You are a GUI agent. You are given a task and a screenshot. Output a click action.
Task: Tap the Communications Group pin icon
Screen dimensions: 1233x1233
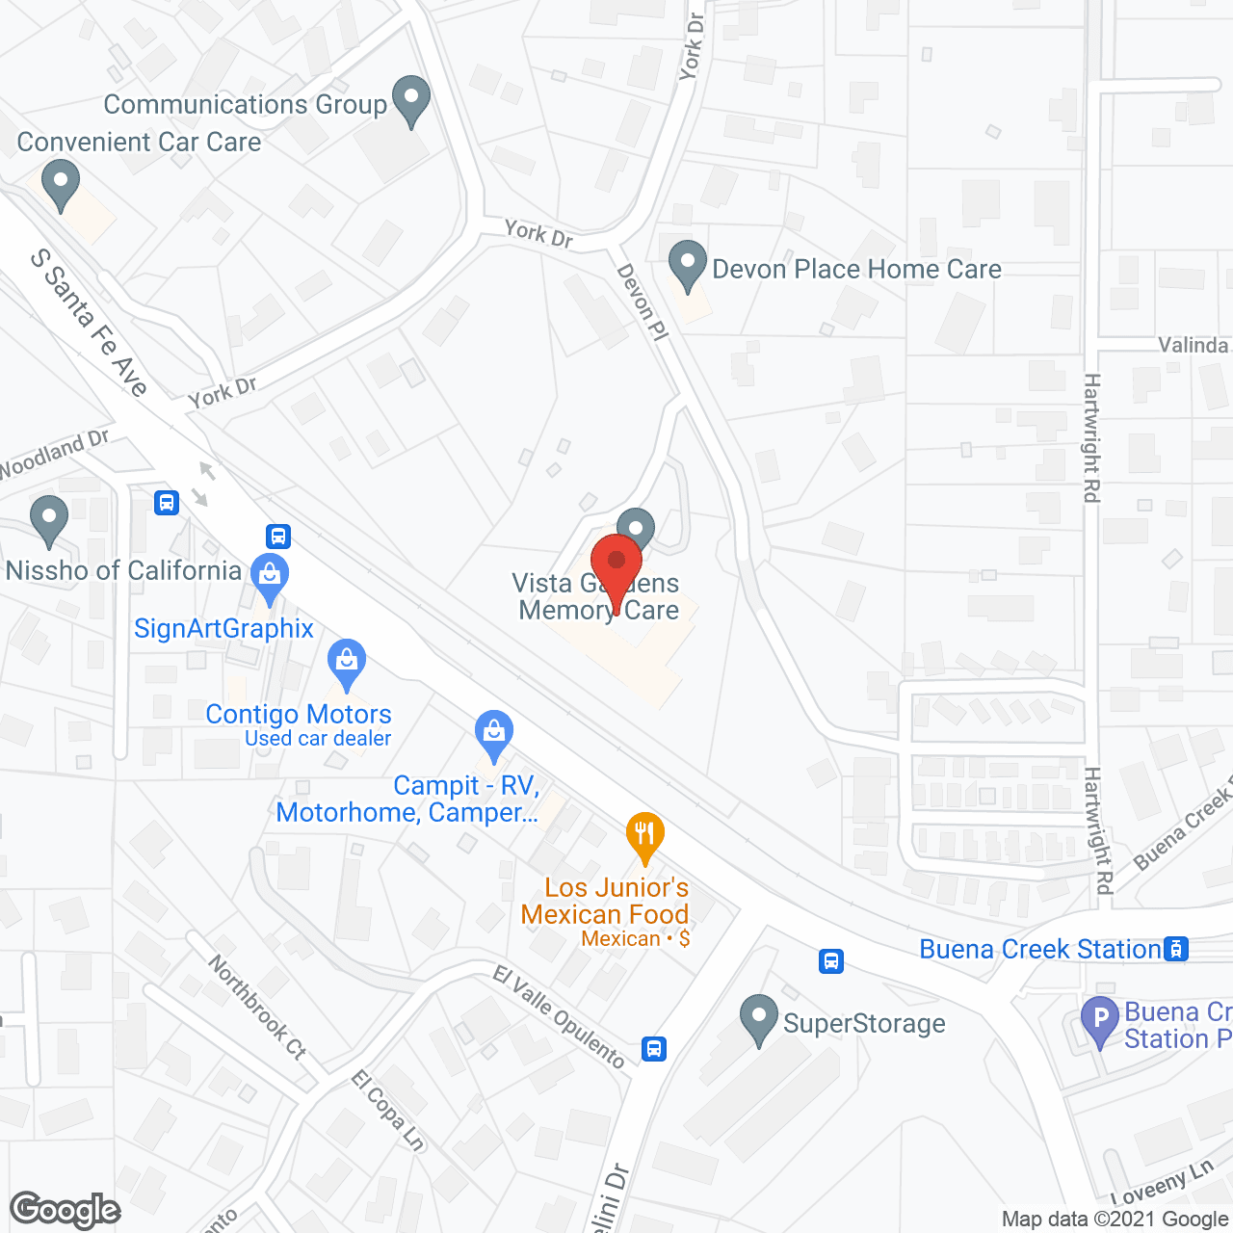pyautogui.click(x=412, y=99)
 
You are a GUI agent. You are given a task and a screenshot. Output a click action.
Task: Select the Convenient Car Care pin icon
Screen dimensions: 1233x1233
pyautogui.click(x=61, y=183)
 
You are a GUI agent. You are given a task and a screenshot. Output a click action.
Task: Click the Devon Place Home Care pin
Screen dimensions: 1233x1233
pyautogui.click(x=688, y=264)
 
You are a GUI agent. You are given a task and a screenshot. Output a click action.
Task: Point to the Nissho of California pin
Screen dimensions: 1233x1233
pyautogui.click(x=48, y=518)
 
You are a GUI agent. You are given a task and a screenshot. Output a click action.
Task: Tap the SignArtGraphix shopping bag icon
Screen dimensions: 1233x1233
pyautogui.click(x=270, y=575)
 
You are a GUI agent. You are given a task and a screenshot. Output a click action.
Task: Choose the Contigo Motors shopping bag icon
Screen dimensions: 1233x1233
pyautogui.click(x=346, y=661)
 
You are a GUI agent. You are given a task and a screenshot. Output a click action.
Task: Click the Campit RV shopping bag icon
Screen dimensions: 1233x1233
pyautogui.click(x=494, y=733)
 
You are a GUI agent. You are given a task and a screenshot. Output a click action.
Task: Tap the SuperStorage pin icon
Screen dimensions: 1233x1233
pyautogui.click(x=759, y=1018)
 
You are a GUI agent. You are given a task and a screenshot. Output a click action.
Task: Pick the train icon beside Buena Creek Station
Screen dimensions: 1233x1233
pyautogui.click(x=1176, y=949)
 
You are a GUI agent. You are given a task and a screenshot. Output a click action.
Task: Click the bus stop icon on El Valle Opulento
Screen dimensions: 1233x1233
pyautogui.click(x=654, y=1048)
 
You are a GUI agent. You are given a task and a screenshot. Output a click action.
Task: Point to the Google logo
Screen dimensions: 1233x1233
pyautogui.click(x=66, y=1210)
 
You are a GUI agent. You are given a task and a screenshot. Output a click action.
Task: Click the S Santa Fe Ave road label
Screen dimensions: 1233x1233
pyautogui.click(x=89, y=323)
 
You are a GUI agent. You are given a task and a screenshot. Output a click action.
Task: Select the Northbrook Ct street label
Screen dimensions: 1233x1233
pyautogui.click(x=256, y=1008)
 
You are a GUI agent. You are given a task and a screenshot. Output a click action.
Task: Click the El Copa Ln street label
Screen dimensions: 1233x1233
pyautogui.click(x=387, y=1110)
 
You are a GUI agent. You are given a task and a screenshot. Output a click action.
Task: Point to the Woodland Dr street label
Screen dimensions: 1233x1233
pyautogui.click(x=55, y=454)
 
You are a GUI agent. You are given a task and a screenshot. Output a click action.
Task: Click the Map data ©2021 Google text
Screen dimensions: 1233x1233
pyautogui.click(x=1115, y=1220)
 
